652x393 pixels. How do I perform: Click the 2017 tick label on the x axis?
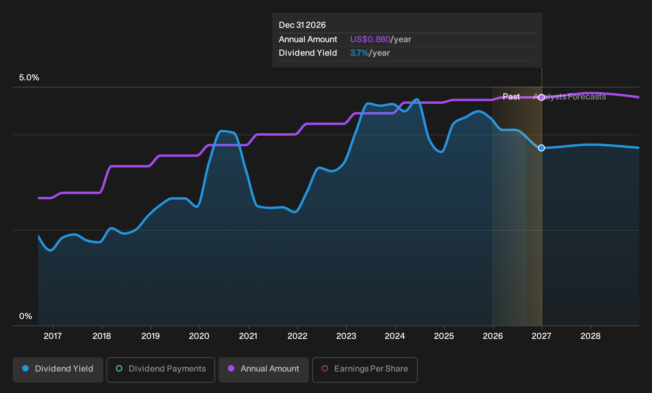pos(53,336)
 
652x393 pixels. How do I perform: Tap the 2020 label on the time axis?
pos(199,336)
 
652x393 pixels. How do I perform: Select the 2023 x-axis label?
pos(346,336)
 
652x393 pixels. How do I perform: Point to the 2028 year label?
pos(590,336)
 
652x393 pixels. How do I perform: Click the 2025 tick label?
pos(444,336)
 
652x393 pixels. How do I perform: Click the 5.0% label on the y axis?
pos(29,78)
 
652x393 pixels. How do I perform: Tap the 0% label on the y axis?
pos(26,316)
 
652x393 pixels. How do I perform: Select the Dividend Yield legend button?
pos(58,370)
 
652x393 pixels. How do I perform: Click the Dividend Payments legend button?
pos(161,370)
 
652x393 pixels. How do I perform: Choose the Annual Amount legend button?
pos(263,370)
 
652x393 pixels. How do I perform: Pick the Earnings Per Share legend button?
pos(365,370)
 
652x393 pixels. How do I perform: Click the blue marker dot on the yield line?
pos(541,148)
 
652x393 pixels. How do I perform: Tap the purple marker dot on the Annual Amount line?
pos(541,97)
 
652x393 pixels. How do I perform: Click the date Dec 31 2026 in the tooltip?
pos(302,25)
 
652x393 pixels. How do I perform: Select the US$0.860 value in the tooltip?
pos(370,39)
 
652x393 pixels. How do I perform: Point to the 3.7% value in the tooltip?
pos(359,53)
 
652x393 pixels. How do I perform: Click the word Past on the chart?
pos(511,97)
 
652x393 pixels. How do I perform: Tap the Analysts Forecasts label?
pos(569,97)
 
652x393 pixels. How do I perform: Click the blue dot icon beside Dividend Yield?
pos(26,368)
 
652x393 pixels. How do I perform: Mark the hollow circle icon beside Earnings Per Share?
pos(324,368)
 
